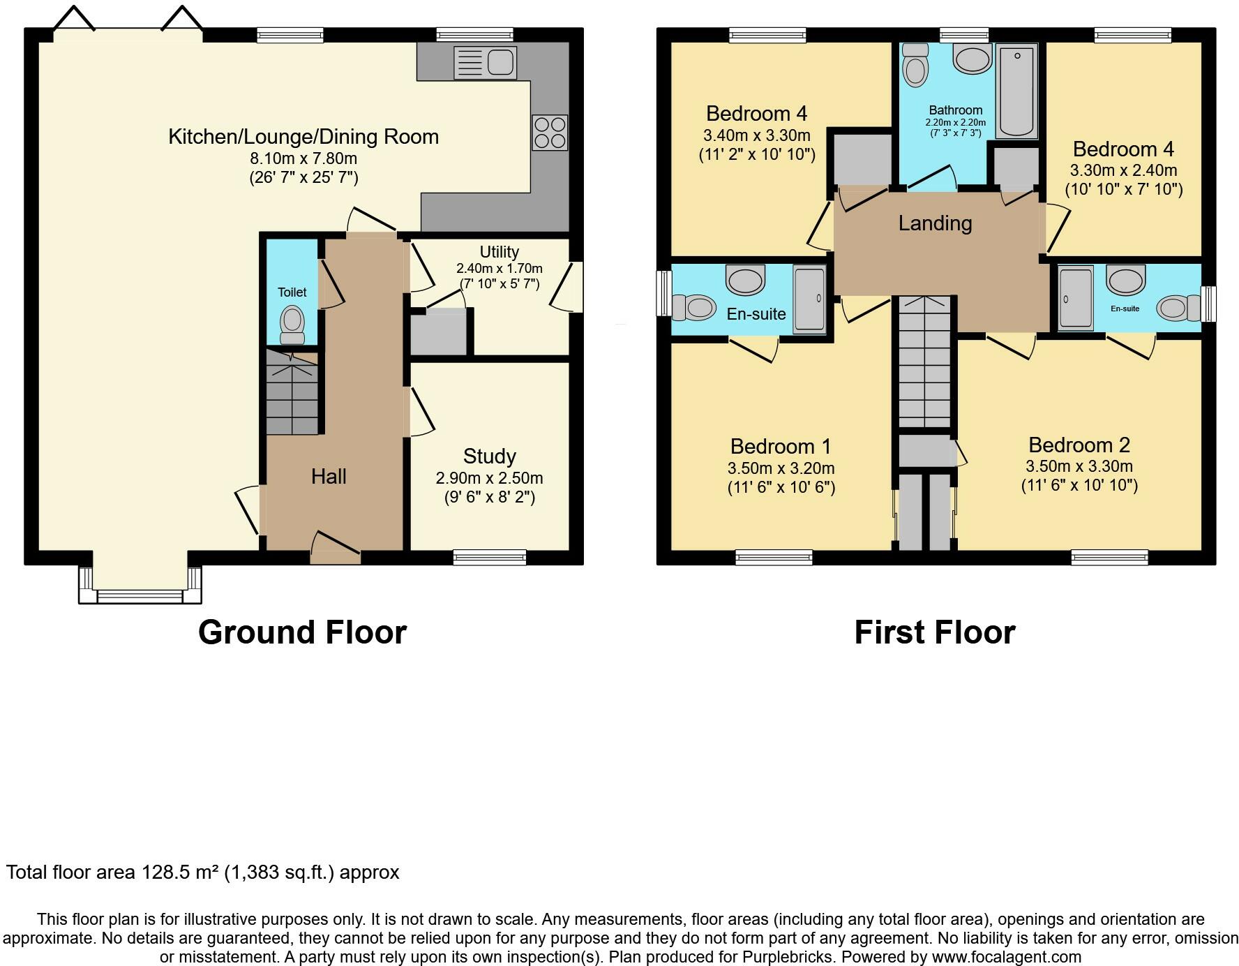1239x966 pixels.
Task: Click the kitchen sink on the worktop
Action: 485,62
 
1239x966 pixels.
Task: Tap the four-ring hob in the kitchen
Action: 550,133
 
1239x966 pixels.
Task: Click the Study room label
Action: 490,456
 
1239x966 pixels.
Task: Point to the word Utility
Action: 500,252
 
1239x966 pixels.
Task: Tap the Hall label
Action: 329,477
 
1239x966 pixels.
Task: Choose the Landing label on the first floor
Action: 935,223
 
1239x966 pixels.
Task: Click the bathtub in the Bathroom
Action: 1017,91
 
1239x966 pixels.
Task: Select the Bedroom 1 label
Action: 781,446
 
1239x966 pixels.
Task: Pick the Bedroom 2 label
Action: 1079,445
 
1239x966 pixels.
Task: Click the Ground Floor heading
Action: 302,632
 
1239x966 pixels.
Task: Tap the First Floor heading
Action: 935,632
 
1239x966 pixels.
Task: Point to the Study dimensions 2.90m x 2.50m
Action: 490,478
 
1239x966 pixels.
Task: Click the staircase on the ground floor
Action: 292,392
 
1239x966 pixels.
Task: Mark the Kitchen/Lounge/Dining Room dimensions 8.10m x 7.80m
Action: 303,158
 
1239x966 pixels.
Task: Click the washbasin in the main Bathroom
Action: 973,59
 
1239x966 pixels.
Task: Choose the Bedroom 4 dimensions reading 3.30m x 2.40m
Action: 1124,170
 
